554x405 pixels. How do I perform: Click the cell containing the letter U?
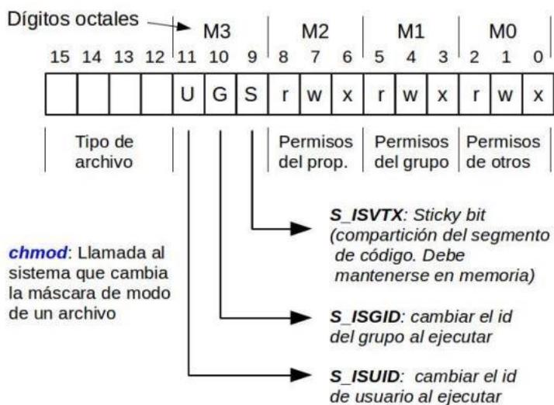coord(189,94)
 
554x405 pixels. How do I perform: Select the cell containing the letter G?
coord(220,94)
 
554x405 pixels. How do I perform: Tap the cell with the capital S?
coord(252,94)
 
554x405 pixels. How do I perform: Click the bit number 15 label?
coord(59,57)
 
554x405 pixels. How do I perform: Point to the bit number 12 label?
coord(154,57)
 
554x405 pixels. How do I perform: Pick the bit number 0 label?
coord(538,57)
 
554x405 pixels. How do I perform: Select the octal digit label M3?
coord(217,32)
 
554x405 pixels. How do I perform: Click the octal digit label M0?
coord(503,32)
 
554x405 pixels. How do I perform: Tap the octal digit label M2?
coord(315,32)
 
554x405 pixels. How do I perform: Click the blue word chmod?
coord(38,253)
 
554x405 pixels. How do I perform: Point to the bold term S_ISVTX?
coord(366,215)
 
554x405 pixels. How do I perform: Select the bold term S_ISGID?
coord(365,317)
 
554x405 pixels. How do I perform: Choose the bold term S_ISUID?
coord(365,376)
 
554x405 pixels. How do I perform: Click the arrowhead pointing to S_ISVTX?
coord(301,228)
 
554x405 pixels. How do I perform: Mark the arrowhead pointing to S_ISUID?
coord(301,375)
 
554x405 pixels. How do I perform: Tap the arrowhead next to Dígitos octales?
coord(183,26)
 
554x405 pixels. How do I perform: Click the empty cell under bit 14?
coord(93,94)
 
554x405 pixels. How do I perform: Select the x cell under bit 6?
coord(348,94)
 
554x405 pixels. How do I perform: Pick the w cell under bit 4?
coord(411,94)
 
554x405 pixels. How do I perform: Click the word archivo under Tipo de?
coord(104,162)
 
